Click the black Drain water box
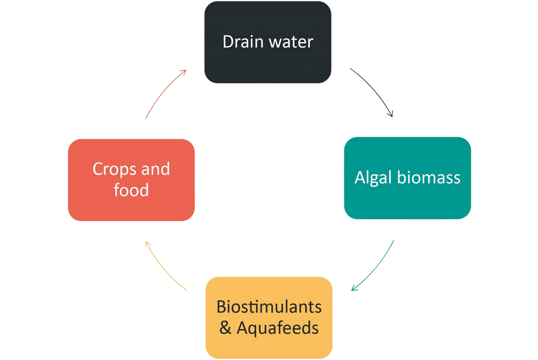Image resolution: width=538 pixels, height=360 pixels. (x=267, y=42)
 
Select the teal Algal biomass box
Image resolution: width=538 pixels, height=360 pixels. (x=407, y=178)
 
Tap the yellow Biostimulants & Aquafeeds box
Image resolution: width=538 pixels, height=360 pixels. (x=269, y=317)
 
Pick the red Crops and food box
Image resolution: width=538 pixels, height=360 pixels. (x=131, y=180)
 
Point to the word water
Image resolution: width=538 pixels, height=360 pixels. (x=291, y=43)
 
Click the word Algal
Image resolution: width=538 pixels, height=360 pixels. (x=374, y=178)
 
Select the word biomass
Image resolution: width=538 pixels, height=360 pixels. (x=429, y=178)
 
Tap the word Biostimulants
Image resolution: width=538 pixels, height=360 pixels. (x=269, y=307)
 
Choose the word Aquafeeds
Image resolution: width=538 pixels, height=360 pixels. (x=277, y=328)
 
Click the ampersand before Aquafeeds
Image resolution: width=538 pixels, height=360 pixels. (x=225, y=328)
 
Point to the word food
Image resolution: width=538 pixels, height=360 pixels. (x=131, y=190)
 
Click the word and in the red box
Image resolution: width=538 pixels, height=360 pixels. (x=156, y=169)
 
